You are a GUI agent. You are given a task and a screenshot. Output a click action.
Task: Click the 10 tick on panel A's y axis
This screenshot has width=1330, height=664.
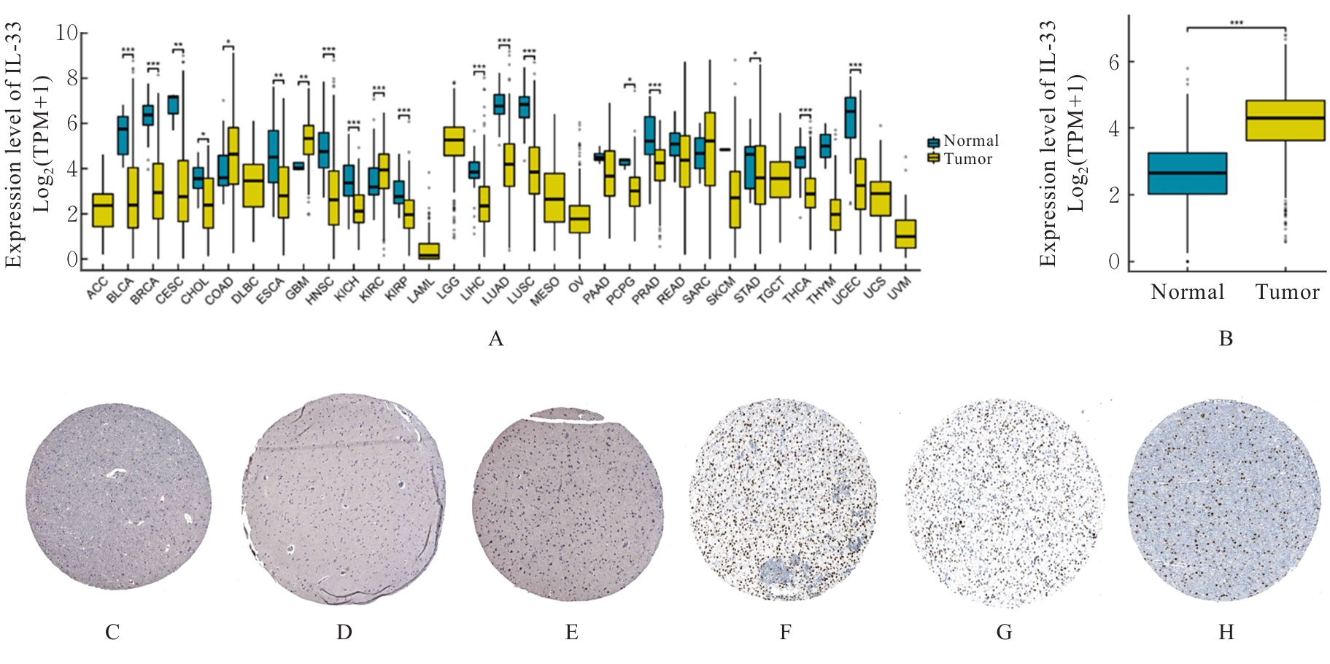tap(67, 33)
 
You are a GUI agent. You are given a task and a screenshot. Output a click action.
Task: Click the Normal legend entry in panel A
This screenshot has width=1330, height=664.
tap(962, 141)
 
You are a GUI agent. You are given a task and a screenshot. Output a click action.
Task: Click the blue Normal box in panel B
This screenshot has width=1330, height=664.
tap(1188, 173)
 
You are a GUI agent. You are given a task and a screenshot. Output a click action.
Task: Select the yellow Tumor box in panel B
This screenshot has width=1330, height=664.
tap(1285, 120)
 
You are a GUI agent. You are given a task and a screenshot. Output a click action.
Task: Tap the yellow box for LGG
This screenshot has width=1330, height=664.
tap(454, 141)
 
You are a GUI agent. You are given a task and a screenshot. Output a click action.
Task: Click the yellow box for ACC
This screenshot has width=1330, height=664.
tap(103, 210)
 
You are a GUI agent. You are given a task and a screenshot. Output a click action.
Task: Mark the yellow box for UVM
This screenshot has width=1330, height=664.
tap(905, 234)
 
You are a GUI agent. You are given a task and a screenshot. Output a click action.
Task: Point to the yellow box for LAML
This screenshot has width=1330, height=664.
tap(429, 251)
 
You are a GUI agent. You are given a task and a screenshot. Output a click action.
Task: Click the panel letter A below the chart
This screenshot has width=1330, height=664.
tap(496, 339)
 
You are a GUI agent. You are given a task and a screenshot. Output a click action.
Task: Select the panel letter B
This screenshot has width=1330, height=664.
tap(1226, 339)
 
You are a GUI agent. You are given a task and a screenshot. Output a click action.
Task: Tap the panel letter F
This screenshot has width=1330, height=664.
tap(785, 632)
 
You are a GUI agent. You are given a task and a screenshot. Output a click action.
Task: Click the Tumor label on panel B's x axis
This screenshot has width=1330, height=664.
tap(1287, 292)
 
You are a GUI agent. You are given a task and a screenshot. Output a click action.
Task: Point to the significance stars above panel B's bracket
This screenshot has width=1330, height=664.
tap(1237, 23)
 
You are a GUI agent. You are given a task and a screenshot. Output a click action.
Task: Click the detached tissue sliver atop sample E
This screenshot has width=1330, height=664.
tap(567, 415)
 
